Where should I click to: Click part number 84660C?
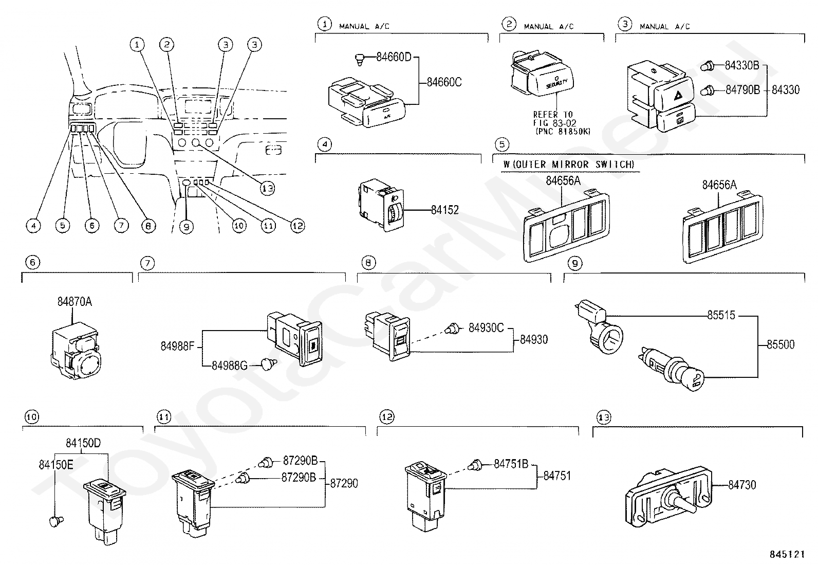tap(444, 82)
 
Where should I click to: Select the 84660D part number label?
tap(394, 57)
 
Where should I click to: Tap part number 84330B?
tap(742, 66)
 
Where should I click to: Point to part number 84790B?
tap(742, 90)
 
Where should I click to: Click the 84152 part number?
tap(444, 210)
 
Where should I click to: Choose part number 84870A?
tap(75, 302)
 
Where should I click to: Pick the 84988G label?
tap(230, 365)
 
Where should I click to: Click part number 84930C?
tap(486, 327)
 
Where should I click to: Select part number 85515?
tap(721, 315)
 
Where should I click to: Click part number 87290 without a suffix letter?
tap(344, 483)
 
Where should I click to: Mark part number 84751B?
tap(511, 464)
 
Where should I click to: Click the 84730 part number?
tap(742, 484)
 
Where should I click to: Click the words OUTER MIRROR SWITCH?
tap(574, 165)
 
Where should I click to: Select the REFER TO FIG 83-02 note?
tap(554, 123)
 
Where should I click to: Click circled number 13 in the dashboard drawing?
tap(267, 189)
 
